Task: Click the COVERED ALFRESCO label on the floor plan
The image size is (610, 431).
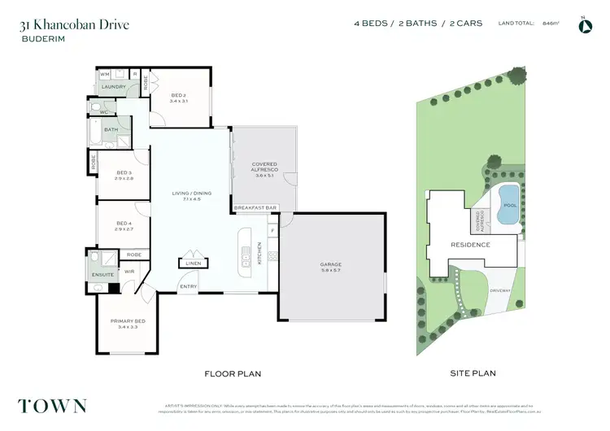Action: [265, 168]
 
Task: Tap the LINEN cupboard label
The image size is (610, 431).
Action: [192, 263]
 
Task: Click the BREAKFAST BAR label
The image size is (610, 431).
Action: [255, 208]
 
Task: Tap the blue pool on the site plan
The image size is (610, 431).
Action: [509, 196]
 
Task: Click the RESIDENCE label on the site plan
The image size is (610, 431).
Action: [470, 244]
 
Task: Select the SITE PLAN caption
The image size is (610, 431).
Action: [473, 373]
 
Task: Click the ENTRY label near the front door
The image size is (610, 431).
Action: [188, 286]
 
